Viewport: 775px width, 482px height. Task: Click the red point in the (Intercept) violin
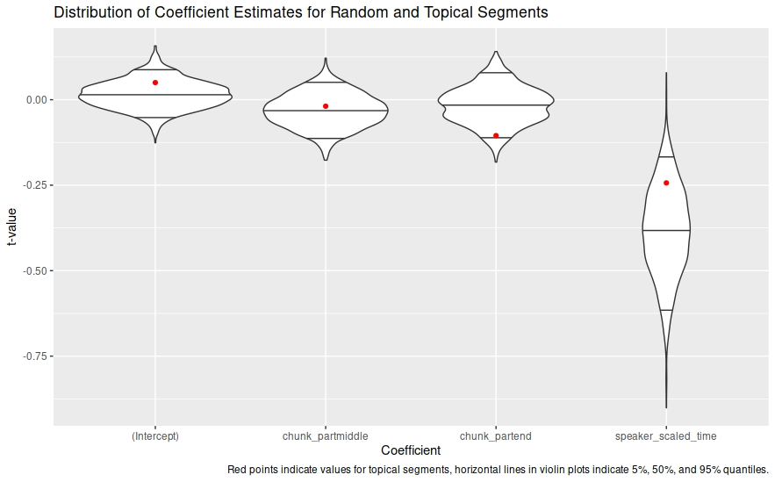click(x=155, y=83)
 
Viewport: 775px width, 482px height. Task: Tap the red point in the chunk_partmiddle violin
click(x=326, y=106)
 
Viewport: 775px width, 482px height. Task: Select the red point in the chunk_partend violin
click(x=496, y=135)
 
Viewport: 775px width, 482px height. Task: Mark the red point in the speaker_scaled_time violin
click(x=666, y=183)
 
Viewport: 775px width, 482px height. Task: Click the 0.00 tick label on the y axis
click(x=37, y=100)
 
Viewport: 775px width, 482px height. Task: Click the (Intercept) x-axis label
click(x=155, y=435)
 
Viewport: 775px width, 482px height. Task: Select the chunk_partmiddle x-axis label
click(x=326, y=435)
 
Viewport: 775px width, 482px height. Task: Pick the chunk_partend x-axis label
click(x=496, y=435)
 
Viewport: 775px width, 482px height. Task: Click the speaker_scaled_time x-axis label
click(x=666, y=435)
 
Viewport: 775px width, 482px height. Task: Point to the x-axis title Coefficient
click(x=411, y=450)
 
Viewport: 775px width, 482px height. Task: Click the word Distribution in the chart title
click(x=91, y=12)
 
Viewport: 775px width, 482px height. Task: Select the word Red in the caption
click(x=238, y=470)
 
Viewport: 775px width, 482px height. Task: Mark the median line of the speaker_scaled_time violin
click(x=666, y=230)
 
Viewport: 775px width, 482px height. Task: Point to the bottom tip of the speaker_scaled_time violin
click(x=666, y=406)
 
